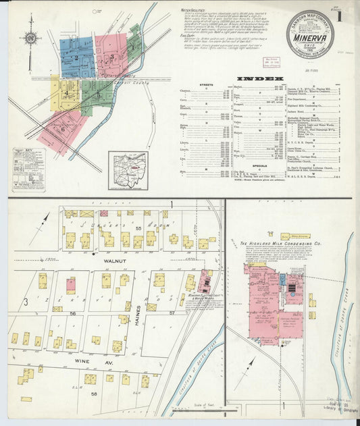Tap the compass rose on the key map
click(30, 38)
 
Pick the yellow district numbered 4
click(65, 94)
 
